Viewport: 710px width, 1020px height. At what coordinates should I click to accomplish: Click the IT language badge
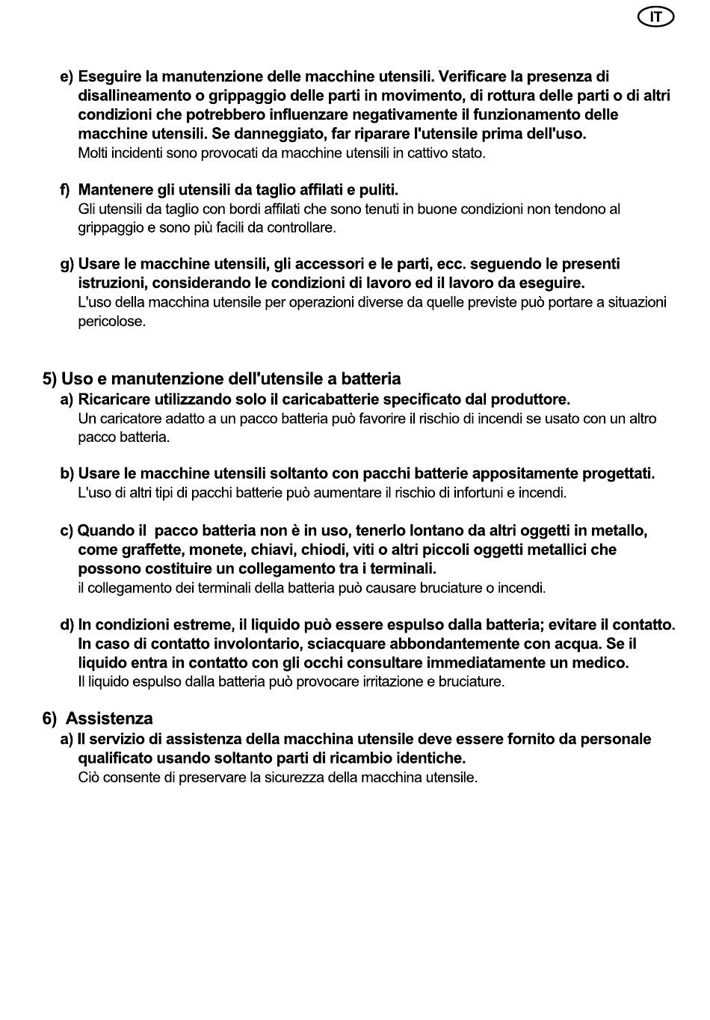(655, 17)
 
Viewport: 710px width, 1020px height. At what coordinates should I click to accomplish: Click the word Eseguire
(110, 76)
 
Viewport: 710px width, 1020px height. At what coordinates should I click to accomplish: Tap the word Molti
(93, 153)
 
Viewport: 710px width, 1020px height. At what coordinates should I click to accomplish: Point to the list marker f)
(66, 190)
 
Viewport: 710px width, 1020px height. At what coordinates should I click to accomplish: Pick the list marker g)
(67, 264)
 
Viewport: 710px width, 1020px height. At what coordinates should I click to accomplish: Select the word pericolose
(111, 322)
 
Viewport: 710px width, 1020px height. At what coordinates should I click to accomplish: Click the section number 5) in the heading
(49, 378)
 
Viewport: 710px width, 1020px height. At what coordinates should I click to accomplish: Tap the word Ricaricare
(114, 399)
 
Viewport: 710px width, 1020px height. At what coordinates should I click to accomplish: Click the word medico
(602, 663)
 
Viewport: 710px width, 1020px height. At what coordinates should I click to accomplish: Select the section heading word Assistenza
(109, 719)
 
